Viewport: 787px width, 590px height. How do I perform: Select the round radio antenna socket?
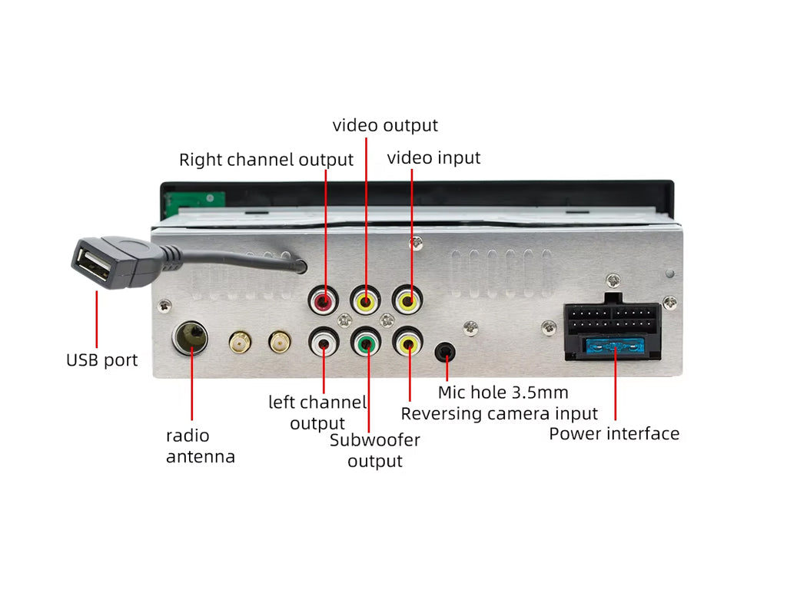pos(190,337)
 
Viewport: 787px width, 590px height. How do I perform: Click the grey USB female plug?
pos(103,264)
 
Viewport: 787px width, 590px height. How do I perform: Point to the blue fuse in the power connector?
pos(614,347)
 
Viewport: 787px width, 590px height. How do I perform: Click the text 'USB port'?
pos(101,360)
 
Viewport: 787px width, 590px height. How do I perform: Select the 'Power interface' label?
pos(614,434)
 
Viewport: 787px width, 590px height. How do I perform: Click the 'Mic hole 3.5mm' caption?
pos(503,393)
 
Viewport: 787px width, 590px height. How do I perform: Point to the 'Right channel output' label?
pos(266,160)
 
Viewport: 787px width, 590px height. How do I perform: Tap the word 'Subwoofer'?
pos(375,441)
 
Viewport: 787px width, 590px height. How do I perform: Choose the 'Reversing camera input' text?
pos(500,414)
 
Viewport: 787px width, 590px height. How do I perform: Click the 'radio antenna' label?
pos(201,446)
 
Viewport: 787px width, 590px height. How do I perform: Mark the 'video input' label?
pos(433,157)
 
